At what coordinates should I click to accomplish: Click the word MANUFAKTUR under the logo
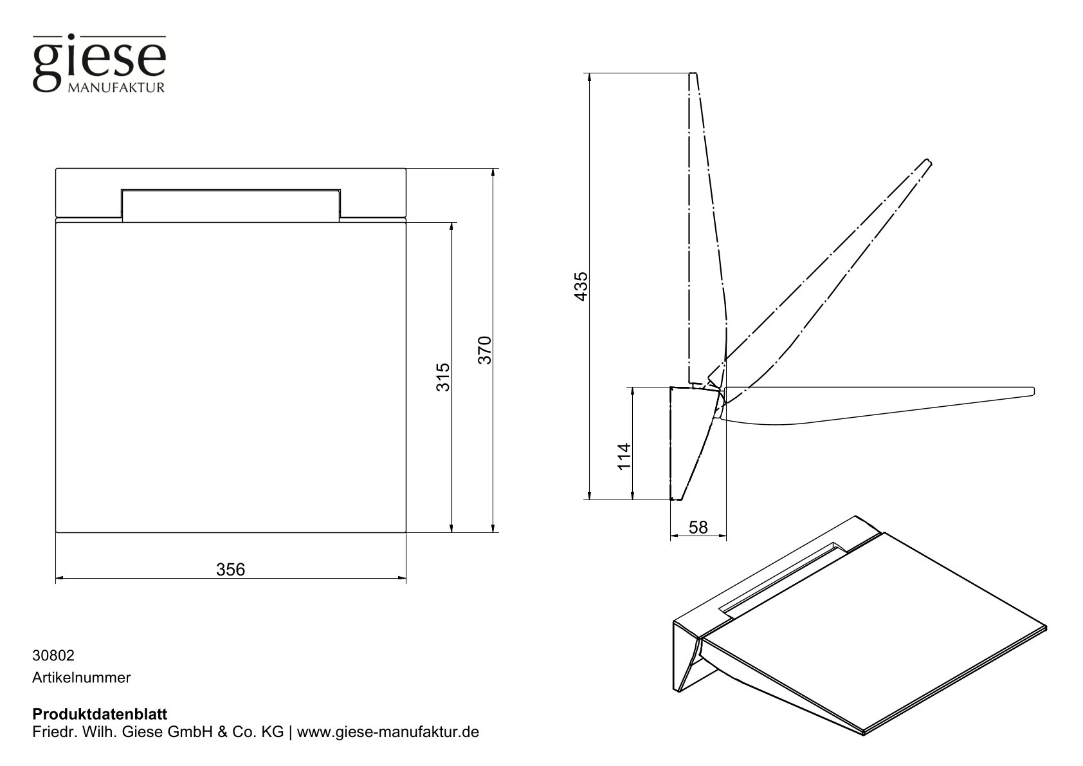point(116,88)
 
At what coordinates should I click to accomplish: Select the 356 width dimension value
point(231,569)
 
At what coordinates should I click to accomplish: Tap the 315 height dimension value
point(442,377)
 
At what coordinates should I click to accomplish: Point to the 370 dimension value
point(484,350)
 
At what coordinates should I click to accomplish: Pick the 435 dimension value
point(580,286)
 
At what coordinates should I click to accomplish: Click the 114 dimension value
point(623,456)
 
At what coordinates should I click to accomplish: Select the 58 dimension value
point(698,528)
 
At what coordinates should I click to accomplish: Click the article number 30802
point(53,656)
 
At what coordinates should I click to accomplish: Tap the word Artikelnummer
point(82,677)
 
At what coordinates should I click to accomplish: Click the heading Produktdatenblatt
point(100,715)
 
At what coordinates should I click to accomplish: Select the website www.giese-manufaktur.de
point(388,733)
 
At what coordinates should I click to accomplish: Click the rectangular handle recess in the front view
point(231,205)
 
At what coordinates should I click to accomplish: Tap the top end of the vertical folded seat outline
point(693,75)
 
